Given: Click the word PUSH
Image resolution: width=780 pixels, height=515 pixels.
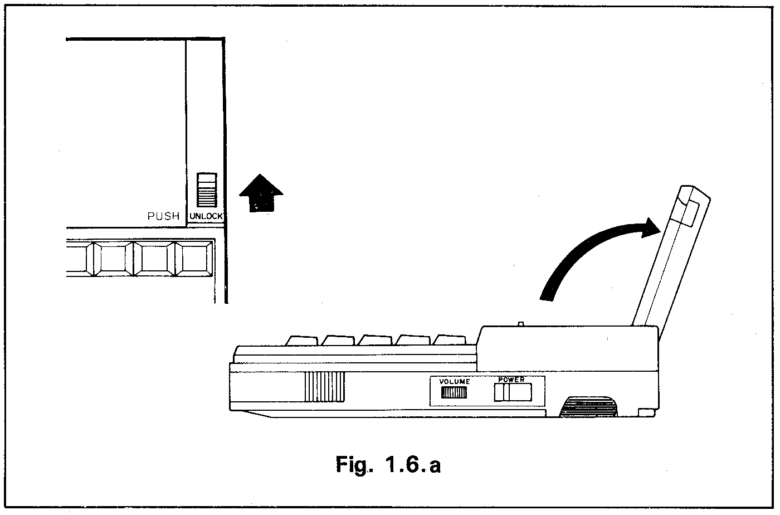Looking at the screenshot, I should click(163, 216).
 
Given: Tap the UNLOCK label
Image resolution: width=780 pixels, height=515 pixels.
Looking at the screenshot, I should click(206, 216).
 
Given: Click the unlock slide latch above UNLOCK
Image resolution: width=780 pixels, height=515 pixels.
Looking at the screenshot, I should click(207, 191).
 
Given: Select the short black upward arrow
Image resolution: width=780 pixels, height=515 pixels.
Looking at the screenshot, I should click(261, 193).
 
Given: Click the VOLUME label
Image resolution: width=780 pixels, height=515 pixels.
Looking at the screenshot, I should click(455, 382).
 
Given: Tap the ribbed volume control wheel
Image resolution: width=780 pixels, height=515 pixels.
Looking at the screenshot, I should click(454, 393).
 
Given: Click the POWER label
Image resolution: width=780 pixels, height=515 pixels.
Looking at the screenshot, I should click(511, 380).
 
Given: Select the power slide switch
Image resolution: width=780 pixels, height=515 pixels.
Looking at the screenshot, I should click(513, 392).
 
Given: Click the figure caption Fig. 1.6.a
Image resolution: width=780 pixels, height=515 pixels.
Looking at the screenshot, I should click(388, 464).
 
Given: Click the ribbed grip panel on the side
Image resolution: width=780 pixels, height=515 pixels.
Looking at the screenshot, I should click(324, 387).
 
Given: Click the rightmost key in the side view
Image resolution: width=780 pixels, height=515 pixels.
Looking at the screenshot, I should click(450, 339).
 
